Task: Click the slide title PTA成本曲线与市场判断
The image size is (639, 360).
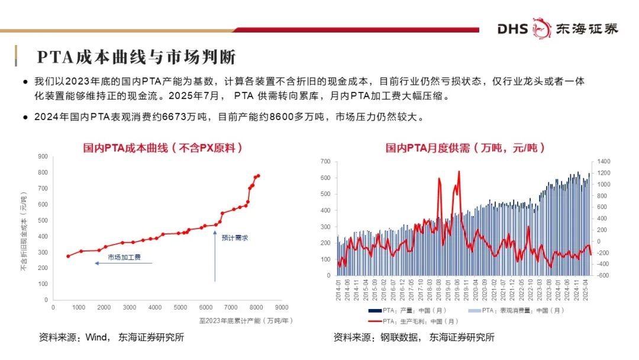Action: [x=137, y=57]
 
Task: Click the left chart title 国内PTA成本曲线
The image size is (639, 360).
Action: [x=162, y=148]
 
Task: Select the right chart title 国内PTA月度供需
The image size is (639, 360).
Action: [x=465, y=148]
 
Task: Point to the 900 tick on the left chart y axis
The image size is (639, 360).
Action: [x=43, y=157]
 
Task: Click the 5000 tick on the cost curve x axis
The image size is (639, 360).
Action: [x=180, y=308]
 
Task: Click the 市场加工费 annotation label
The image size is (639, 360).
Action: [x=124, y=258]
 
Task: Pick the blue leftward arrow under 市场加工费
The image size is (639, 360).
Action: [x=123, y=263]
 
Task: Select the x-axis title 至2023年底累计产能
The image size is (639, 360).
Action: [x=246, y=321]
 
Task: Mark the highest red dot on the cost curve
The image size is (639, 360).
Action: [x=258, y=175]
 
